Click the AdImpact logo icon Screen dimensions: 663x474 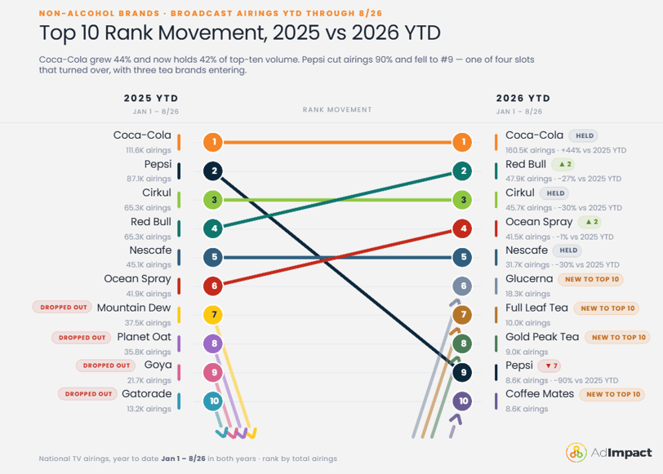point(576,453)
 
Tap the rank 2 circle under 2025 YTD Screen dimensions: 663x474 point(214,171)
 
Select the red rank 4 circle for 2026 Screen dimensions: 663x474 point(463,228)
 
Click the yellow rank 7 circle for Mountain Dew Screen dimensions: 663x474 point(214,315)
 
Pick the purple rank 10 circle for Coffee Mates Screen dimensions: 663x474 point(463,401)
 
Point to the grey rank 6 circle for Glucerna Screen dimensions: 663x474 point(463,286)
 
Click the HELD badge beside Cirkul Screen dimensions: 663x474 point(555,193)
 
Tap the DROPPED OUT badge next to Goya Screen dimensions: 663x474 point(106,365)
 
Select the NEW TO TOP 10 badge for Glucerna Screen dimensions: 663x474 point(591,279)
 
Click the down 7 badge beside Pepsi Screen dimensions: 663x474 point(550,365)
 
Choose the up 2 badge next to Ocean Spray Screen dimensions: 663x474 point(590,222)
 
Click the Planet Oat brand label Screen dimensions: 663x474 point(145,337)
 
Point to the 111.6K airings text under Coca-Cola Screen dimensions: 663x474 point(149,150)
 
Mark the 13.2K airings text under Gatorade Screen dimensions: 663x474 point(149,409)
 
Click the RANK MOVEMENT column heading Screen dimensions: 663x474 point(337,109)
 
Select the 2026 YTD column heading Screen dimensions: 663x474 point(523,99)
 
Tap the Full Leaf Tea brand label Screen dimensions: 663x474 point(536,308)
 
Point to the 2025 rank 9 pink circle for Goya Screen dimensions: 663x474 point(214,372)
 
